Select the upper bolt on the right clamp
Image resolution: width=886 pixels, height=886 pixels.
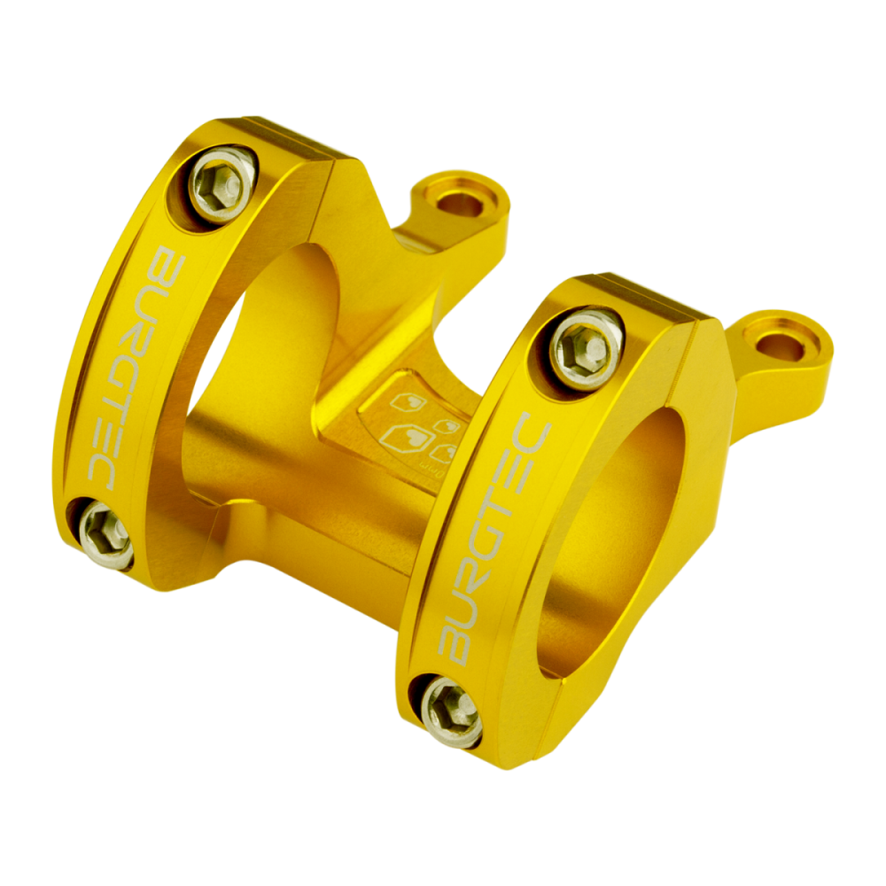coord(586,340)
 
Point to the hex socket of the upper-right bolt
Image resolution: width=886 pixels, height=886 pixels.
coord(586,340)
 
